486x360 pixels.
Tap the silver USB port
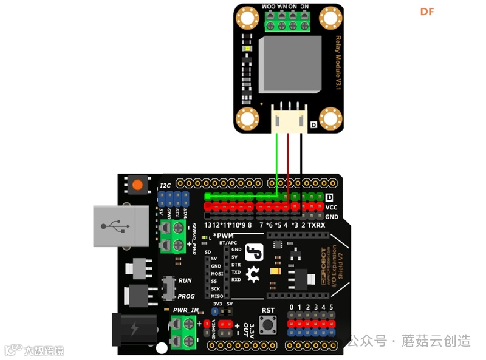coord(121,226)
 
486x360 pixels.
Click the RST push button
coord(268,325)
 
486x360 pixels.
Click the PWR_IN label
coord(186,310)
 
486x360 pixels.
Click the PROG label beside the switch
coord(187,296)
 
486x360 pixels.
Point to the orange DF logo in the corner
coord(427,12)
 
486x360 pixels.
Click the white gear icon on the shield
coord(253,274)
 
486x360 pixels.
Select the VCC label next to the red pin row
coord(332,207)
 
